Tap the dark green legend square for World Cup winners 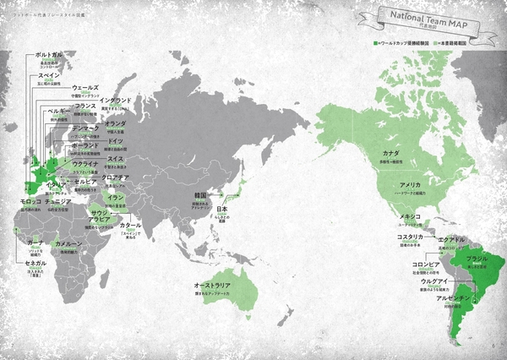pos(374,41)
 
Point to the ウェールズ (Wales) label pos(85,87)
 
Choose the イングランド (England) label pos(115,99)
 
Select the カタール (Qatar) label pos(130,226)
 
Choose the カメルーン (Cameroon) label pos(68,243)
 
